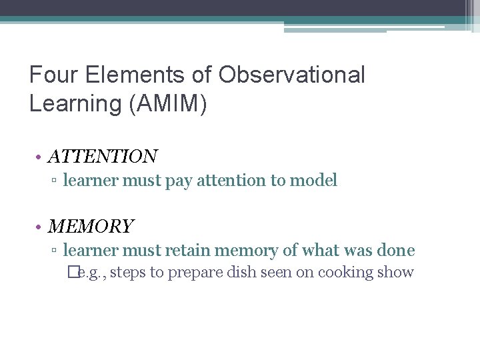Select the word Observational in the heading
click(x=291, y=75)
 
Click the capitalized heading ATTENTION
click(x=103, y=157)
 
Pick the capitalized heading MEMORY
click(x=91, y=227)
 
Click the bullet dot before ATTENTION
click(x=41, y=157)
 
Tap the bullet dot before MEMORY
click(x=41, y=227)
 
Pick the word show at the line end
click(x=397, y=272)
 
